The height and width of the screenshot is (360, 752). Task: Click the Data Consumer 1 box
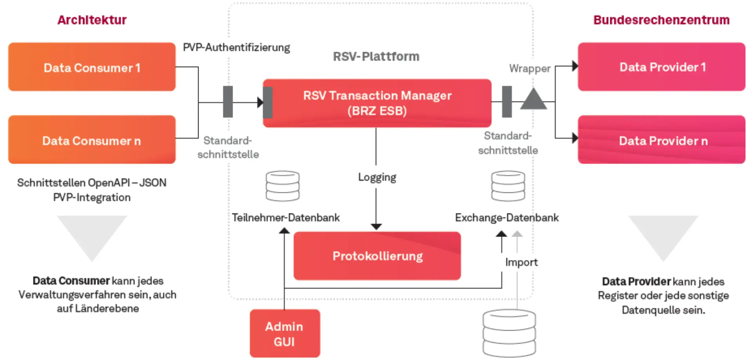(x=92, y=67)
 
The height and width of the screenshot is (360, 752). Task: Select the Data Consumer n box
(x=92, y=139)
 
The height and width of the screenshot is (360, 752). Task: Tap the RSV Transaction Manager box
(x=377, y=103)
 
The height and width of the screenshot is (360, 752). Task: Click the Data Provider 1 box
(x=662, y=67)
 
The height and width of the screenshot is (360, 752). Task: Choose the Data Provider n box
(x=662, y=139)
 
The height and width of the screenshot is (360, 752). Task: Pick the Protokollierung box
(x=377, y=256)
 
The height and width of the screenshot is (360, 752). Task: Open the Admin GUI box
(x=285, y=333)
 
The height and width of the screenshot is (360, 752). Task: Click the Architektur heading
(x=92, y=20)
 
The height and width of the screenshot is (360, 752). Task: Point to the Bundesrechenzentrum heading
(x=661, y=20)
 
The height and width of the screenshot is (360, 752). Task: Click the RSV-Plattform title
(x=376, y=56)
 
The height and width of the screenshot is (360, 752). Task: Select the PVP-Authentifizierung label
(x=236, y=47)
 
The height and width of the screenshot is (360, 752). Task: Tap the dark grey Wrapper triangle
(x=533, y=100)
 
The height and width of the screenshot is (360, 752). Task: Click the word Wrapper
(x=530, y=69)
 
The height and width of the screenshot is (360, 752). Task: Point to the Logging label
(x=377, y=177)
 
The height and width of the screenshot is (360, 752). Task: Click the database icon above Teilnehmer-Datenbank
(x=282, y=186)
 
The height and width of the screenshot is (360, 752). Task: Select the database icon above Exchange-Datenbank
(x=508, y=186)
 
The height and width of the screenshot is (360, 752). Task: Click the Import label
(x=521, y=262)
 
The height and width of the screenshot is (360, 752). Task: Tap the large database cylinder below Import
(x=509, y=333)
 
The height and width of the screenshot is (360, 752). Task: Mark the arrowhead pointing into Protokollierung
(x=376, y=226)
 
